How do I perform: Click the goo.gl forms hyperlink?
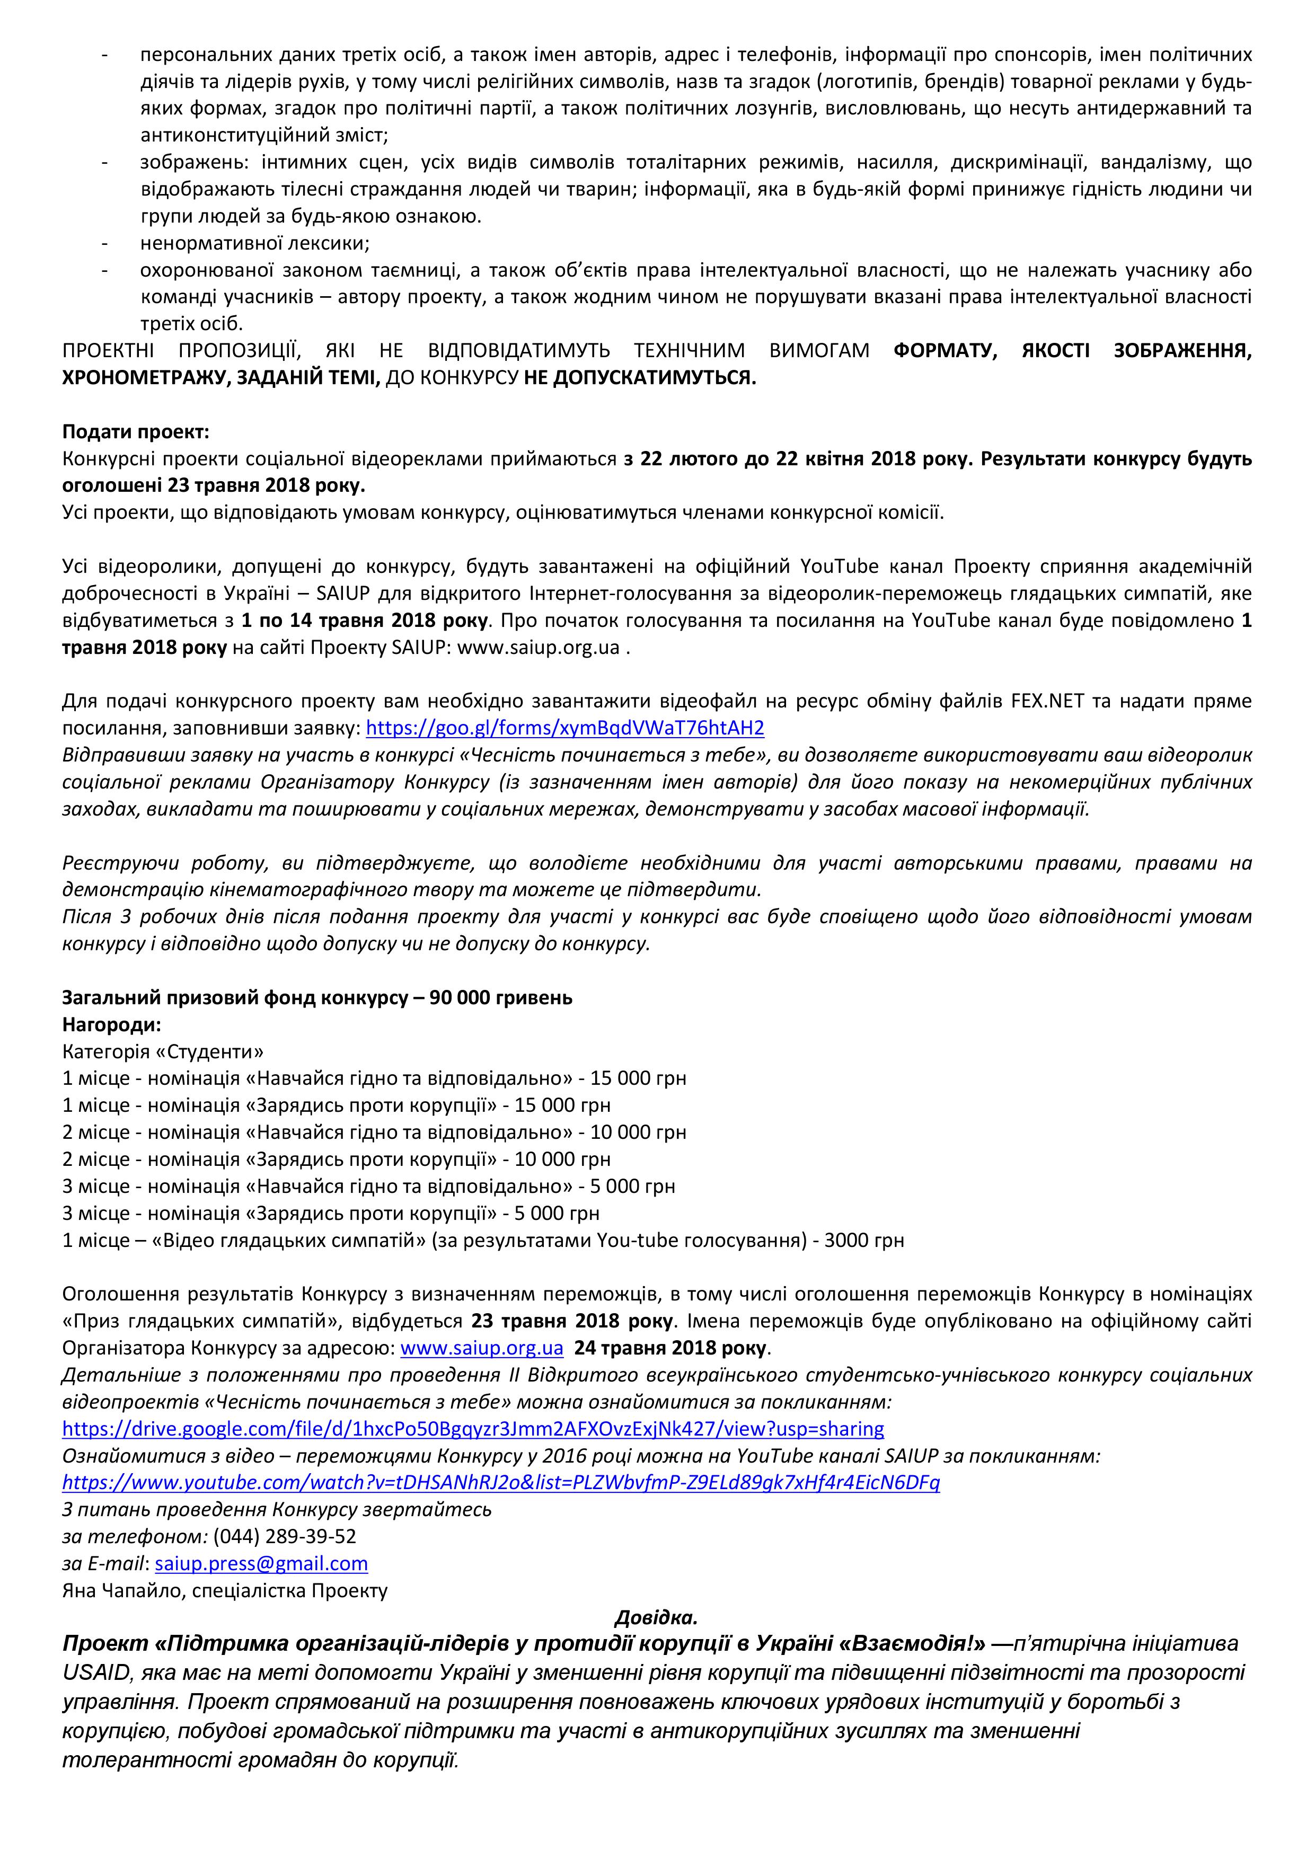pyautogui.click(x=564, y=728)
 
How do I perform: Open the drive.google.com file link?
pyautogui.click(x=473, y=1428)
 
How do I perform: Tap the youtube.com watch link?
pyautogui.click(x=500, y=1483)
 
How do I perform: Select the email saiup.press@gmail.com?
pyautogui.click(x=261, y=1563)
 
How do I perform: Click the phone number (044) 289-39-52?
pyautogui.click(x=284, y=1536)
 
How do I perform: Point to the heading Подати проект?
pyautogui.click(x=135, y=432)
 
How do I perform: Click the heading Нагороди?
pyautogui.click(x=112, y=1024)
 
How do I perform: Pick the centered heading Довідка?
pyautogui.click(x=656, y=1618)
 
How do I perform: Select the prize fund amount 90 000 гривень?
pyautogui.click(x=501, y=997)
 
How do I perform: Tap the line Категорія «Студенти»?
pyautogui.click(x=163, y=1052)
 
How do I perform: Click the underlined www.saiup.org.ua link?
pyautogui.click(x=482, y=1348)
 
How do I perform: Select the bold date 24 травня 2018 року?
pyautogui.click(x=671, y=1348)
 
